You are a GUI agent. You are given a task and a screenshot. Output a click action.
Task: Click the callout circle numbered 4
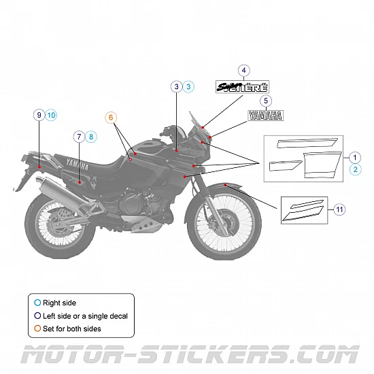(244, 70)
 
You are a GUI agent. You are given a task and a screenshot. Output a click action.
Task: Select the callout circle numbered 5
(266, 101)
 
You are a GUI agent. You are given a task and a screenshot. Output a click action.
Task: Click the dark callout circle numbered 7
(80, 137)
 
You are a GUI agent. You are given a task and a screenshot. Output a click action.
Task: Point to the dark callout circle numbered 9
(39, 115)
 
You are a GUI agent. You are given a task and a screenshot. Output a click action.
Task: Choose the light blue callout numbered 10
(52, 115)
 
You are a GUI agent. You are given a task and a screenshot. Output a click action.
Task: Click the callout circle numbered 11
(339, 209)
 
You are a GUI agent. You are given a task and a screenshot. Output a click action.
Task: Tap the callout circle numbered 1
(355, 156)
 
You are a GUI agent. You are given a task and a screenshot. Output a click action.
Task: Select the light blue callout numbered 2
(355, 169)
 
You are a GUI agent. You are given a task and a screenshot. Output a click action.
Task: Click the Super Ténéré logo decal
(243, 86)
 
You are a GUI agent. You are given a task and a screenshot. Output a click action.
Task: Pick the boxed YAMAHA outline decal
(265, 116)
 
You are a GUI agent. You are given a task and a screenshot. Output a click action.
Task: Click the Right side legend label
(59, 303)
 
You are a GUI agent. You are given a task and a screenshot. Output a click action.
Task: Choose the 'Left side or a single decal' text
(85, 316)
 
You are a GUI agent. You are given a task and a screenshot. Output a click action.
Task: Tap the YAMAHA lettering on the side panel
(76, 163)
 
